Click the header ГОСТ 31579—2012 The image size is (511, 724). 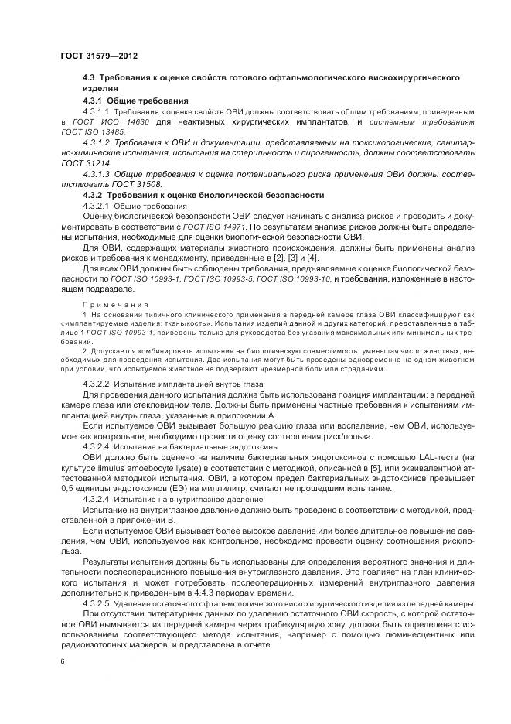98,56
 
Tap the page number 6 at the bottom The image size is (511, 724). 62,661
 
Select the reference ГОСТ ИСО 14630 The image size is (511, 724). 105,122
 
